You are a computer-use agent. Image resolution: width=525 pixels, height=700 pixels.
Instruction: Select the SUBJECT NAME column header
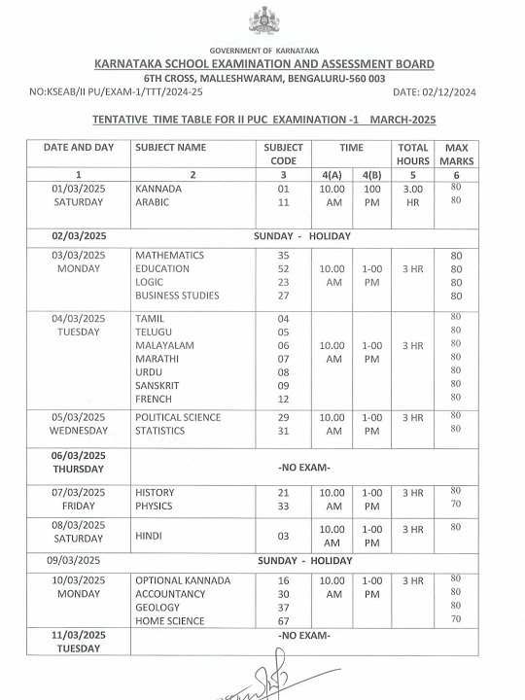coord(171,148)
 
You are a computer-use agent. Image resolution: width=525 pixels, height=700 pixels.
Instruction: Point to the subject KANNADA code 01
coord(284,189)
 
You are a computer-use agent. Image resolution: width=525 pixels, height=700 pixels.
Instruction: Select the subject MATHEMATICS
coord(169,255)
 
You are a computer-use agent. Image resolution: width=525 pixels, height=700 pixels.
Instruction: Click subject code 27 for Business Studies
coord(284,296)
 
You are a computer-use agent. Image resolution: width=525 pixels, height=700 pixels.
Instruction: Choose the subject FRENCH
coord(154,399)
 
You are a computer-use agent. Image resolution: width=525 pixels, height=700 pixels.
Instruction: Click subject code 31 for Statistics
coord(284,431)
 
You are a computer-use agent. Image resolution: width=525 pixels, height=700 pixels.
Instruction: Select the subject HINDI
coord(149,535)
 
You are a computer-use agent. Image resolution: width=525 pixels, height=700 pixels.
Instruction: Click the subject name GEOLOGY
coord(157,607)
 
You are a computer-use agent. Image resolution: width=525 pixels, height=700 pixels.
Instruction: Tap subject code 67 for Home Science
coord(284,620)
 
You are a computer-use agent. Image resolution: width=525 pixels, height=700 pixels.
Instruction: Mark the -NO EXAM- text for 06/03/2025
coord(303,467)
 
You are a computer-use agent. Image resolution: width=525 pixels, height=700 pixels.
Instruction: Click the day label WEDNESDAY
coord(78,431)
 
